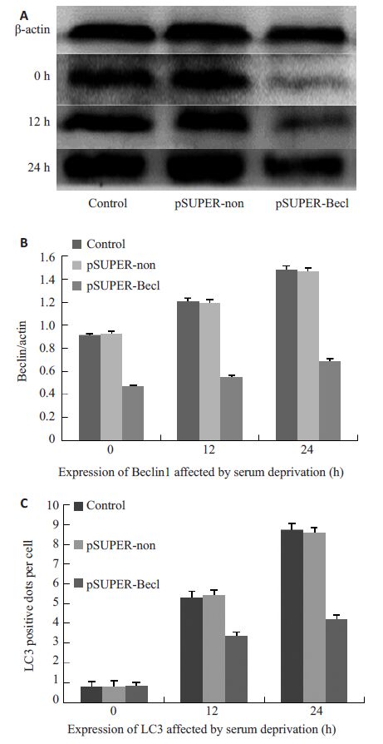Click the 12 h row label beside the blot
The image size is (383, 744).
tap(39, 121)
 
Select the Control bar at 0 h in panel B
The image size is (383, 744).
tap(90, 387)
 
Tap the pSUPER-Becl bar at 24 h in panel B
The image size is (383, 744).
tap(330, 400)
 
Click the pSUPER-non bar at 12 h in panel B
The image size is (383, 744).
tap(209, 371)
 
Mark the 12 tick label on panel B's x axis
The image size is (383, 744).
tap(209, 449)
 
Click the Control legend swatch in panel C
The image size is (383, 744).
tap(80, 506)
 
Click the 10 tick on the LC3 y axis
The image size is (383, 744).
tap(56, 505)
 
